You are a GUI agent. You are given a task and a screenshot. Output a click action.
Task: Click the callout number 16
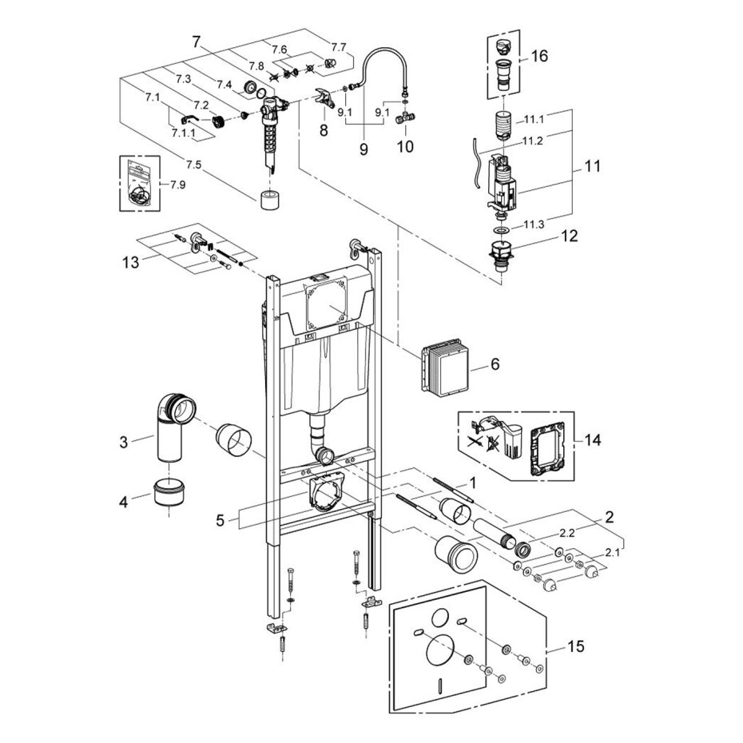pos(540,57)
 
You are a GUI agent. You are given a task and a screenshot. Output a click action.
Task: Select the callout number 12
pos(546,236)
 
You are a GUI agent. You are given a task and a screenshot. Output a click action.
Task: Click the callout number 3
pos(124,440)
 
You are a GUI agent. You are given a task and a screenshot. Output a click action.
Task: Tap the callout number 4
pos(123,502)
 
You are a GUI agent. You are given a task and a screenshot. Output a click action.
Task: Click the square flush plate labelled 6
pos(444,364)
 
